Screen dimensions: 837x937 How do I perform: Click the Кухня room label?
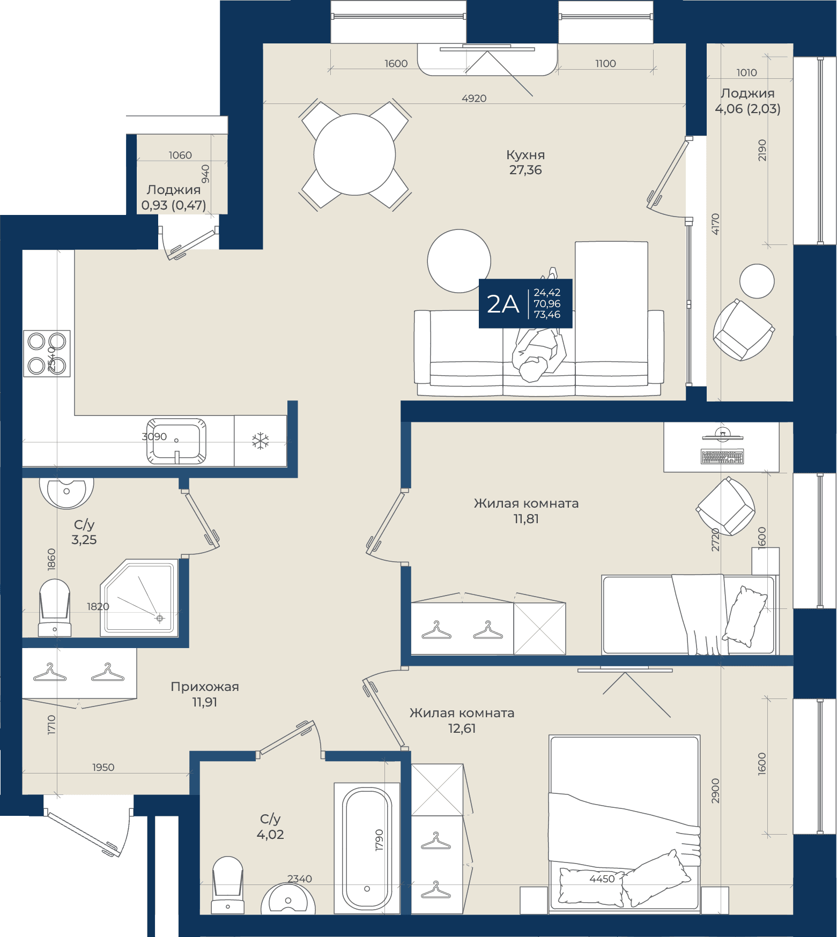coord(525,155)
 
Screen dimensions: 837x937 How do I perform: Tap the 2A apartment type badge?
coord(525,303)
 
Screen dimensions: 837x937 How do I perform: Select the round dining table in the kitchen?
coord(354,154)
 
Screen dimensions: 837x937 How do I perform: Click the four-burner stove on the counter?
coord(47,353)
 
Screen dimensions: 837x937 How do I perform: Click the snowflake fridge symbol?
coord(261,441)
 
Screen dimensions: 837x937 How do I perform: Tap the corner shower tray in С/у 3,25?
coord(139,598)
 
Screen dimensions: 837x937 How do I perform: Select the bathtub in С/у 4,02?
coord(367,848)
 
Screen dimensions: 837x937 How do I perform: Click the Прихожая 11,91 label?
coord(205,694)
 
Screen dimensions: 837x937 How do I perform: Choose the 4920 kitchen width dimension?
coord(474,98)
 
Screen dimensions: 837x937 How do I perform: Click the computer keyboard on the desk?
coord(722,456)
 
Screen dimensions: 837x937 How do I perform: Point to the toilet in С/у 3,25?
coord(55,607)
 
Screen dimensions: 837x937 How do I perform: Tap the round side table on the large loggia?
coord(757,281)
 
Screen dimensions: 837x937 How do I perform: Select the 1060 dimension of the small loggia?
coord(180,155)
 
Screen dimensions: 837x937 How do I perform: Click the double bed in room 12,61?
coord(625,823)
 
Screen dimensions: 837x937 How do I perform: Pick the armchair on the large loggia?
coord(743,330)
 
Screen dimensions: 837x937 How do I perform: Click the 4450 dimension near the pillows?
coord(602,879)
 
